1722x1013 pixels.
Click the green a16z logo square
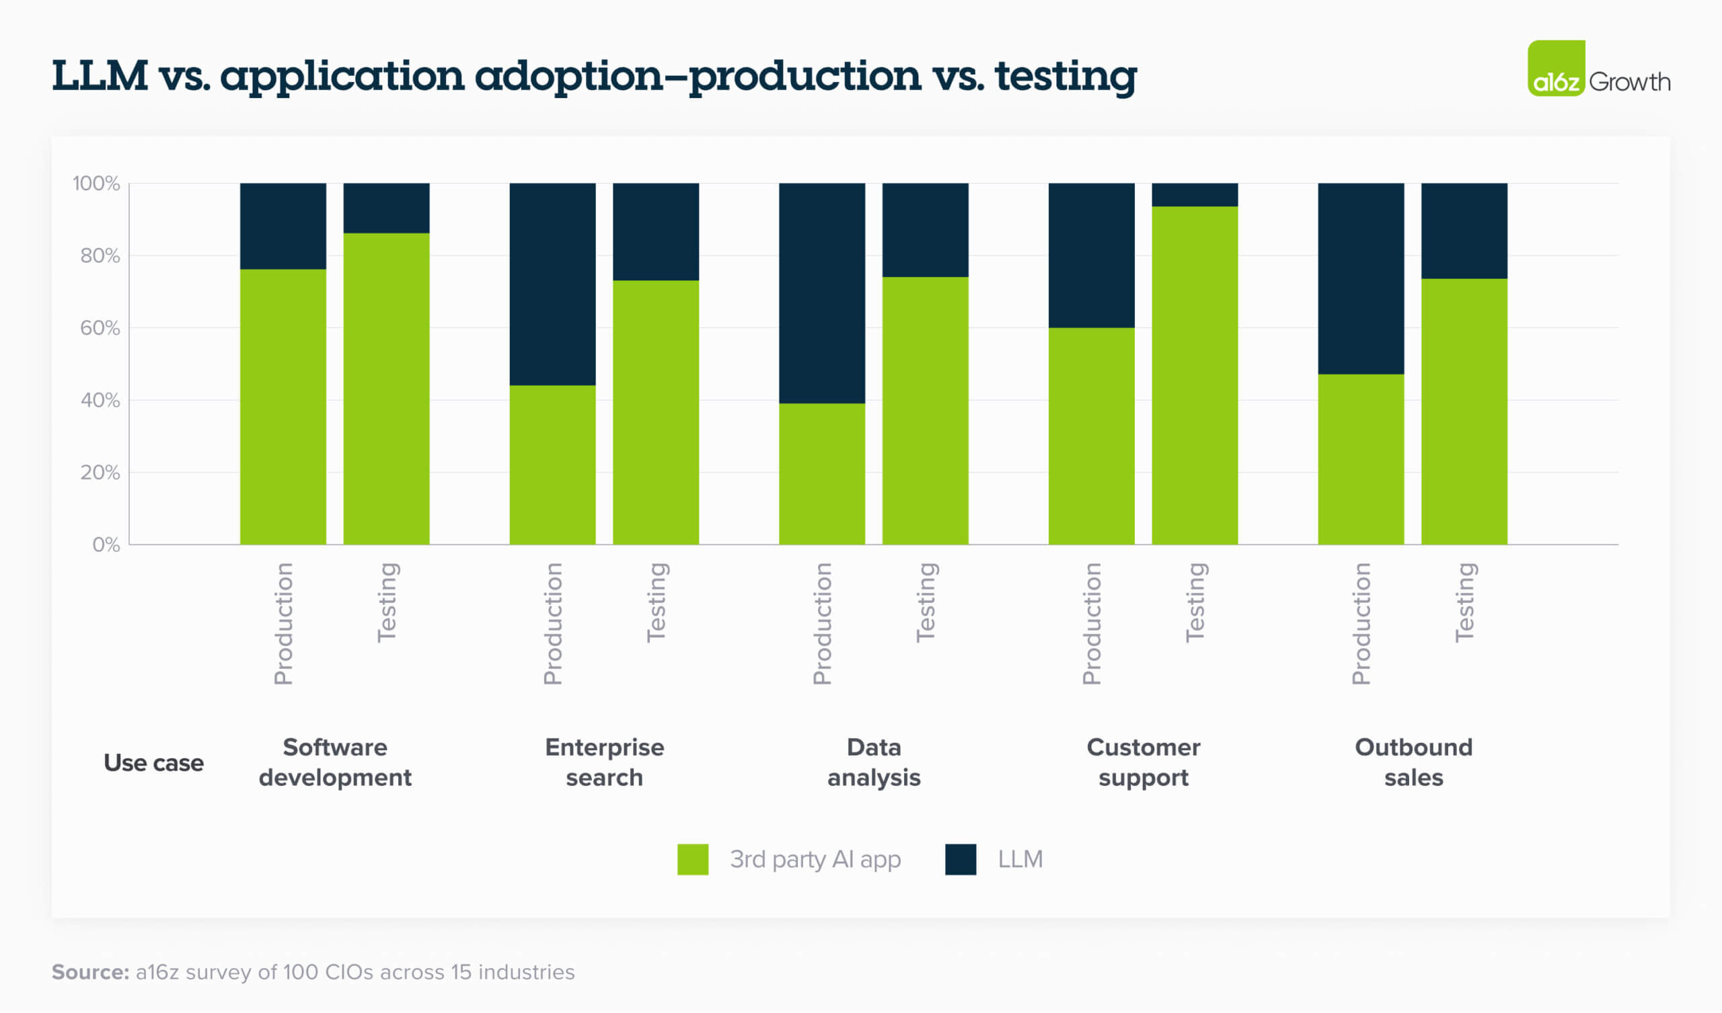pyautogui.click(x=1556, y=69)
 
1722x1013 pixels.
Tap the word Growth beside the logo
pyautogui.click(x=1629, y=82)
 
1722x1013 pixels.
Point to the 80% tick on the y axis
pyautogui.click(x=100, y=255)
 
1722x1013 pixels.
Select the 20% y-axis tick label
pyautogui.click(x=100, y=472)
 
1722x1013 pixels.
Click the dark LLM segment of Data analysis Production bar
pyautogui.click(x=821, y=293)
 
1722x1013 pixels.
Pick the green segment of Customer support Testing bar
pyautogui.click(x=1195, y=375)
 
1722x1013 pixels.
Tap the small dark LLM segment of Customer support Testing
pyautogui.click(x=1195, y=195)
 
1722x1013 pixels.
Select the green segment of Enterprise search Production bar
pyautogui.click(x=552, y=464)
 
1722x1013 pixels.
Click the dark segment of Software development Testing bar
pyautogui.click(x=386, y=208)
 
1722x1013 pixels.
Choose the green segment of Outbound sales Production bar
pyautogui.click(x=1361, y=459)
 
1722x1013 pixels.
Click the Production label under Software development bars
pyautogui.click(x=284, y=624)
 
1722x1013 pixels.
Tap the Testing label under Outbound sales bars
pyautogui.click(x=1464, y=602)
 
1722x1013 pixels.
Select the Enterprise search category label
pyautogui.click(x=604, y=762)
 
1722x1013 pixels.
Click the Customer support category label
pyautogui.click(x=1144, y=762)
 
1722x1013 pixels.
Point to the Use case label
pyautogui.click(x=153, y=763)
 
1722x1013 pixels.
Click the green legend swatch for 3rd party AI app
pyautogui.click(x=692, y=859)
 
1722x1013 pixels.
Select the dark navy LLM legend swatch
pyautogui.click(x=960, y=859)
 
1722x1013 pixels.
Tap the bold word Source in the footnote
pyautogui.click(x=90, y=972)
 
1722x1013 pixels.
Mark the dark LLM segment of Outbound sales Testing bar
pyautogui.click(x=1464, y=230)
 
